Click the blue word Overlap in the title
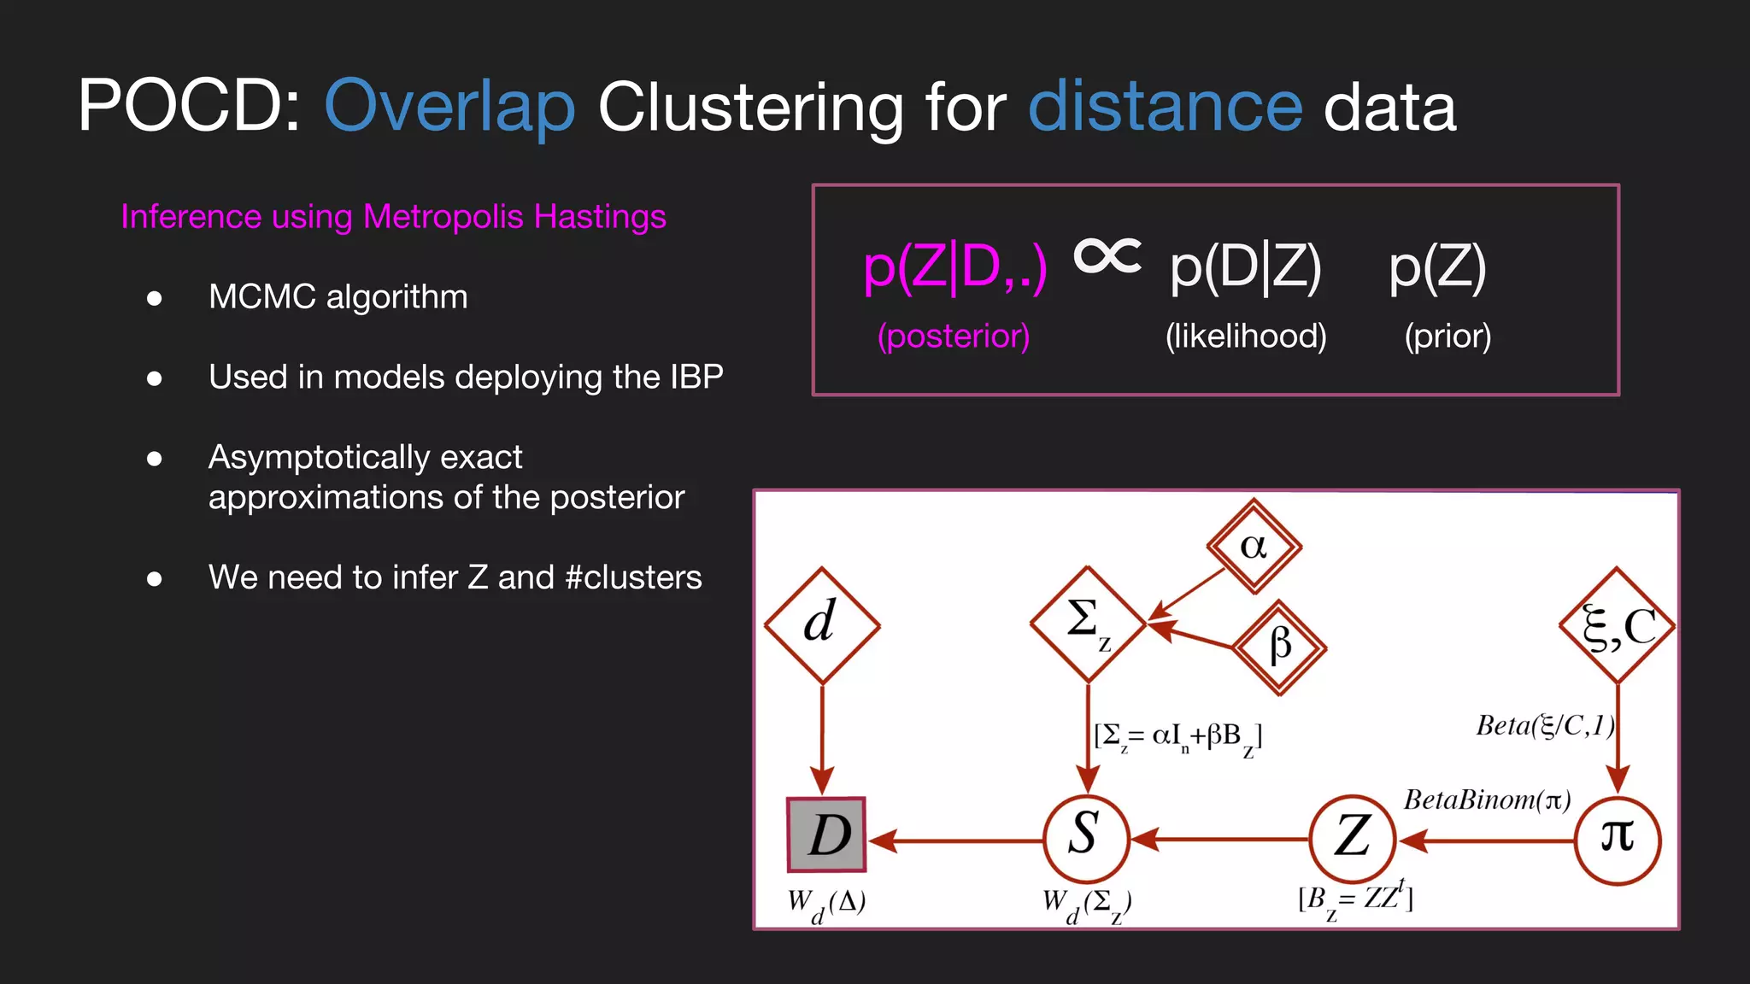tap(449, 108)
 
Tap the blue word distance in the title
tap(1165, 106)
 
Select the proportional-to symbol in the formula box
tap(1107, 255)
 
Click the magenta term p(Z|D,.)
tap(954, 267)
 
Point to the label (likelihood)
tap(1246, 336)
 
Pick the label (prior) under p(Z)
tap(1448, 336)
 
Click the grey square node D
tap(826, 835)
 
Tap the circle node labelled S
tap(1086, 838)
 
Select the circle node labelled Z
tap(1353, 838)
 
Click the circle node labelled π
tap(1618, 838)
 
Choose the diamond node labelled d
tap(822, 624)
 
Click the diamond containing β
tap(1279, 646)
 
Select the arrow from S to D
tap(957, 840)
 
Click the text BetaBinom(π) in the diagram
tap(1487, 800)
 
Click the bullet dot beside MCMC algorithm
tap(155, 298)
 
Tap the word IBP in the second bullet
tap(696, 377)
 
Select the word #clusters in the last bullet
tap(633, 577)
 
